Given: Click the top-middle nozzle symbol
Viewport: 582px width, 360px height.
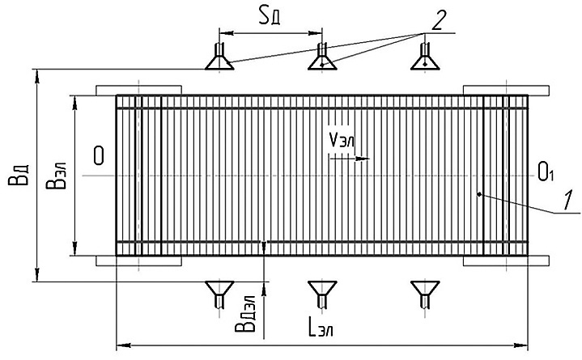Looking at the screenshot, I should click(322, 57).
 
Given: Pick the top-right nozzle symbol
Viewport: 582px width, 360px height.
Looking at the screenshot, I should click(425, 57).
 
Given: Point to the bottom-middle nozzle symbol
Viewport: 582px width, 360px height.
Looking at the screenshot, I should click(322, 293).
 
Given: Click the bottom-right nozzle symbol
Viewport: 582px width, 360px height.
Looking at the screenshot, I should click(424, 293).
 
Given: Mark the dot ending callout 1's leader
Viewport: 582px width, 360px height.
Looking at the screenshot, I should click(479, 193).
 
